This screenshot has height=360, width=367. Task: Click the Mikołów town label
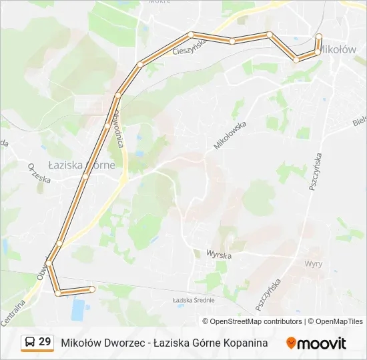(x=338, y=49)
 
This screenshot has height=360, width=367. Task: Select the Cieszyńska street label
(x=190, y=46)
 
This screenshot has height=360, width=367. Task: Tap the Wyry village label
(x=313, y=263)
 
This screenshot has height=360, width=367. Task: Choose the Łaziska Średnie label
(x=194, y=300)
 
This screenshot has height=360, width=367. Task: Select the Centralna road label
(x=13, y=313)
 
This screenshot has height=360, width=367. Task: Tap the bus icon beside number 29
(x=30, y=343)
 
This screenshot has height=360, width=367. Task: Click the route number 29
(x=45, y=342)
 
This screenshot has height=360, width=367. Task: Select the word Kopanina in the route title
(x=241, y=343)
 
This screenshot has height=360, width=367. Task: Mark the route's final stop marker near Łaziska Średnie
(x=92, y=289)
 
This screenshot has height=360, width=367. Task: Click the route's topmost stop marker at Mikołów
(x=319, y=36)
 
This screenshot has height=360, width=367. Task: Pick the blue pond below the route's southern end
(x=79, y=309)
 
